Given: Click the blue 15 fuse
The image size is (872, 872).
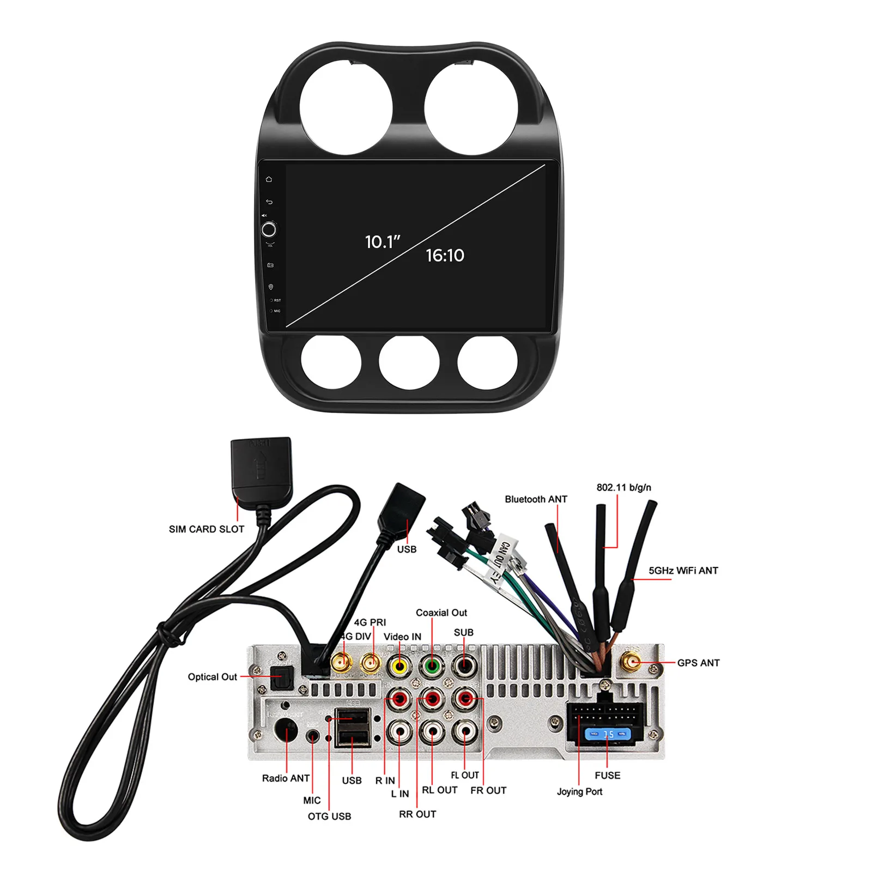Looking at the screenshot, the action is pos(608,734).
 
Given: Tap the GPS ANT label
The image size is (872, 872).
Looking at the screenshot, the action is pos(698,663).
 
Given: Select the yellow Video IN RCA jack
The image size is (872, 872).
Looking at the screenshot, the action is pos(400,665).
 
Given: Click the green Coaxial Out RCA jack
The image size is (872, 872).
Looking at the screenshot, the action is pos(432,665).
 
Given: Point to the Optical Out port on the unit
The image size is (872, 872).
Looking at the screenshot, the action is pos(282,679).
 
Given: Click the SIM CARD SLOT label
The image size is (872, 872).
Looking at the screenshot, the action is pos(207,529).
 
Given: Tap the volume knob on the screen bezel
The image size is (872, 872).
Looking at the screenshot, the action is pos(269,229).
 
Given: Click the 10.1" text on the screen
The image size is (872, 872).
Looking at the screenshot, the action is pos(383,241).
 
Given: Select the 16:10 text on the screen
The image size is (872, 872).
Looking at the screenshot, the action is pos(445,255).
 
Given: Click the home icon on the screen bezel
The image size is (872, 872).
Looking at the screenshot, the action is pos(269,179).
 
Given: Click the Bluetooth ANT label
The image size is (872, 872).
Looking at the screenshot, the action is pos(536,499).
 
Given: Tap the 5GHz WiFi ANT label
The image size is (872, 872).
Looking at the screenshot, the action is pos(683,570).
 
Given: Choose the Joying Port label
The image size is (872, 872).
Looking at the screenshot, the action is pos(579,791).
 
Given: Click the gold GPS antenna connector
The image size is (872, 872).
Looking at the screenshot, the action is pos(632,663).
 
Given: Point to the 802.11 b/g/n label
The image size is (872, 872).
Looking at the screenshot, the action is pos(623,487).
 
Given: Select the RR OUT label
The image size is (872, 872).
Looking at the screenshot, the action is pos(417,814).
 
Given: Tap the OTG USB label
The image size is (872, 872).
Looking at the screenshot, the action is pos(329,816).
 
